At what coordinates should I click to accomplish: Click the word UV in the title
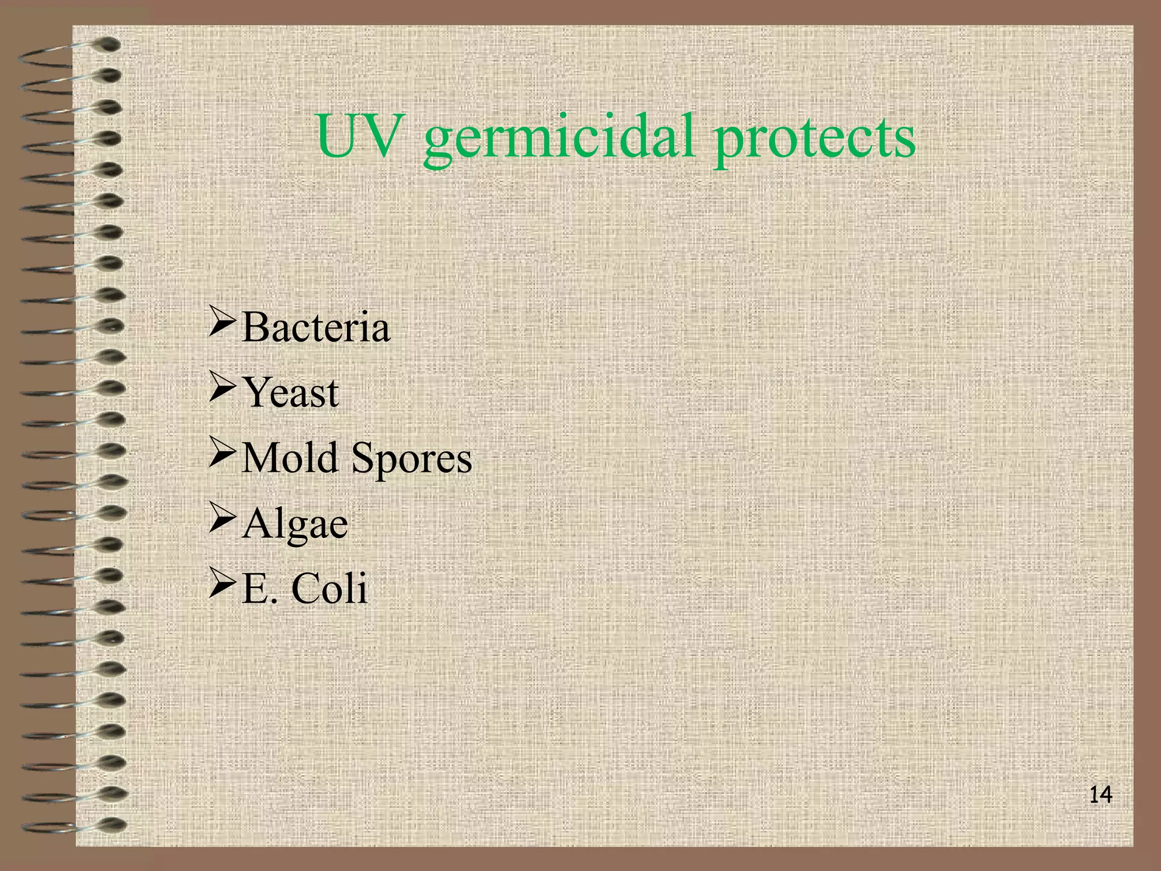(355, 137)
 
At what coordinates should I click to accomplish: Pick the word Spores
(412, 459)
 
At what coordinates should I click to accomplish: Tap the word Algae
(295, 525)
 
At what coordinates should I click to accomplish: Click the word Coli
(329, 588)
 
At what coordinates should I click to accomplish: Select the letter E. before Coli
(260, 589)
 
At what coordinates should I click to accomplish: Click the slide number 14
(1100, 795)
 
